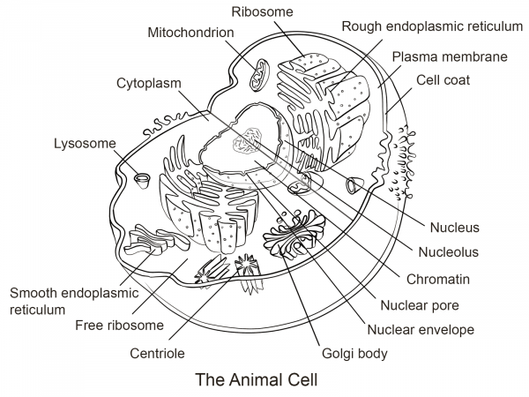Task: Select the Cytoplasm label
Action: pos(148,83)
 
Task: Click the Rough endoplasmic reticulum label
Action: pos(432,26)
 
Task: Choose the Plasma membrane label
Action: pos(449,56)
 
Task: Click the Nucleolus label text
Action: pos(448,251)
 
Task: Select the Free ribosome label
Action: pos(119,325)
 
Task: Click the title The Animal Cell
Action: pos(255,381)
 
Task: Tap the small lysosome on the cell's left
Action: pos(142,180)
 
